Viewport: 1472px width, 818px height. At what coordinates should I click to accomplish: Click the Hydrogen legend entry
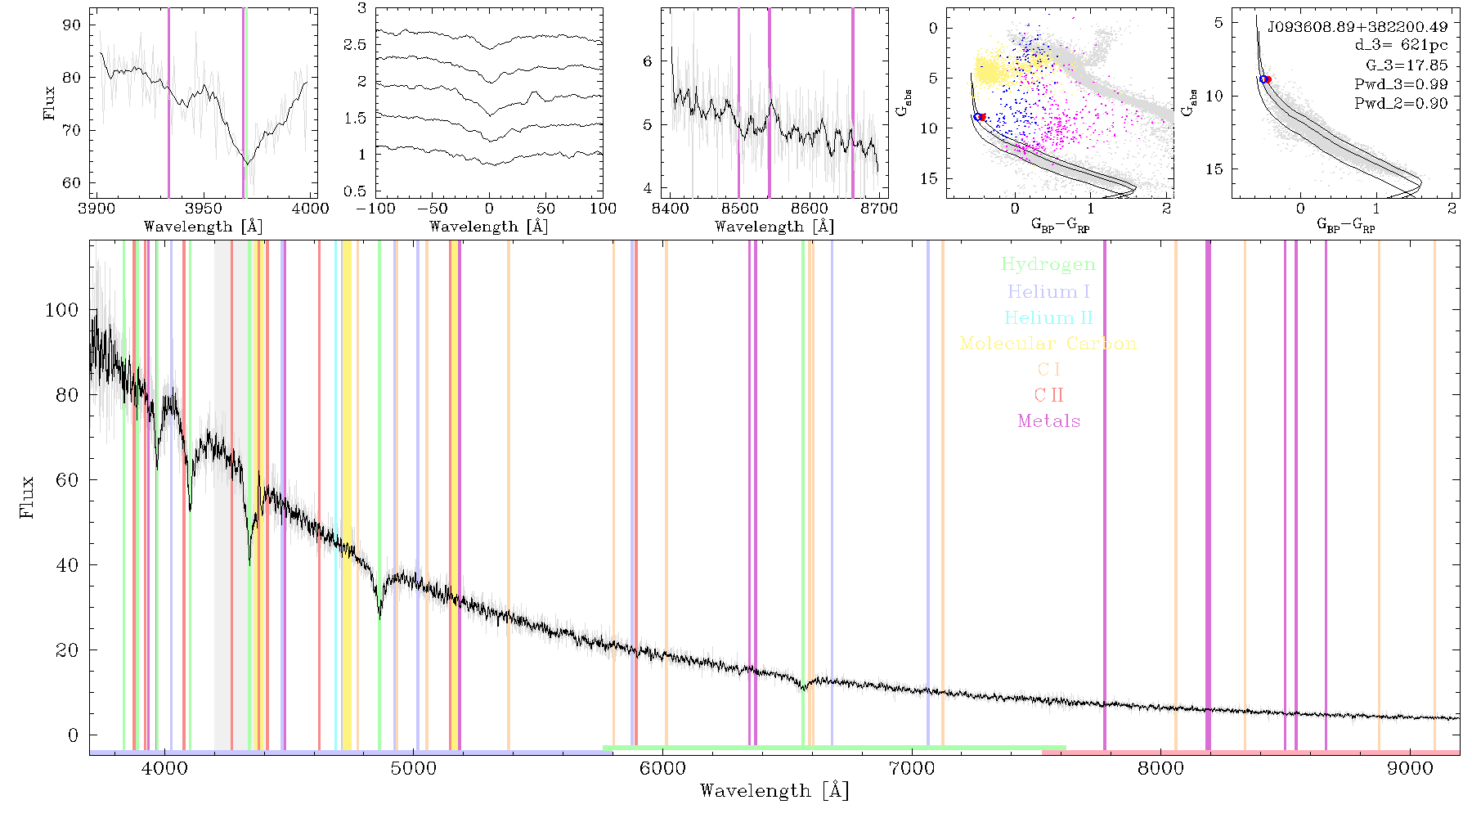pyautogui.click(x=1048, y=264)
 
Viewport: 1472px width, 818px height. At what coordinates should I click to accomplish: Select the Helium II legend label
pyautogui.click(x=1048, y=317)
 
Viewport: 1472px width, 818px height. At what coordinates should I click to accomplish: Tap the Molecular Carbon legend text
pyautogui.click(x=1048, y=344)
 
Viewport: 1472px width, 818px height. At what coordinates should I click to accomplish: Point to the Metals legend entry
pyautogui.click(x=1049, y=421)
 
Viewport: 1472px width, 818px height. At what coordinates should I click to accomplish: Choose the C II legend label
pyautogui.click(x=1049, y=395)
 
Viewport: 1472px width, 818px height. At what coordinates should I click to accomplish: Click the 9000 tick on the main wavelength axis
pyautogui.click(x=1410, y=769)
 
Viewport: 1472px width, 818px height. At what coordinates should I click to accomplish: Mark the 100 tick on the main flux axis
pyautogui.click(x=62, y=310)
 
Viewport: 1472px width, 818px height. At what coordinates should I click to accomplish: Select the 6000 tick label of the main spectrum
pyautogui.click(x=663, y=769)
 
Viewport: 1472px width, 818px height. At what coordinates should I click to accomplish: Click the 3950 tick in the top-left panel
pyautogui.click(x=204, y=208)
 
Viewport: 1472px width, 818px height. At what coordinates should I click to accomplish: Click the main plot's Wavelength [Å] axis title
pyautogui.click(x=774, y=791)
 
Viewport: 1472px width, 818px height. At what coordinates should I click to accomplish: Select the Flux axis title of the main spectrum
pyautogui.click(x=28, y=497)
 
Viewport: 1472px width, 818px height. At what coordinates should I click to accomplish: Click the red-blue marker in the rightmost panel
pyautogui.click(x=1265, y=79)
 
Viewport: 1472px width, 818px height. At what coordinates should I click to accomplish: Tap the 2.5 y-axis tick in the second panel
pyautogui.click(x=356, y=45)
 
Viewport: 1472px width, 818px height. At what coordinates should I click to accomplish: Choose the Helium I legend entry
pyautogui.click(x=1048, y=291)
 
